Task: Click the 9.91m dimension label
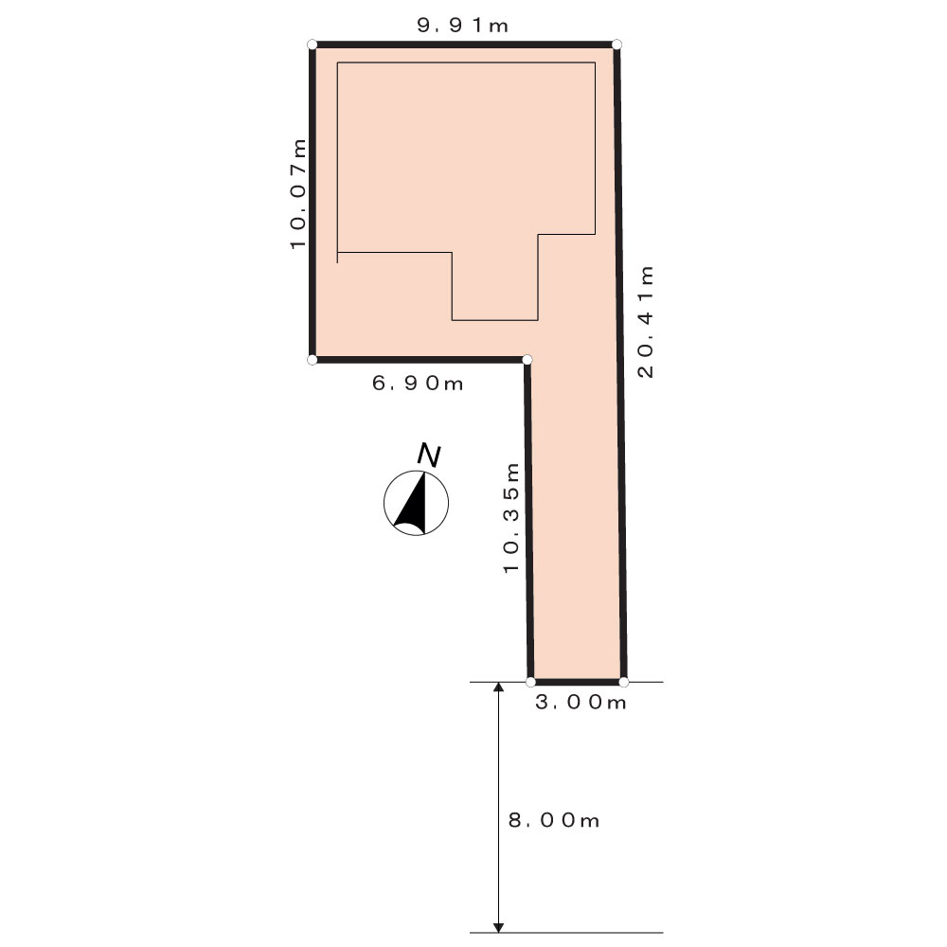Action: [x=463, y=26]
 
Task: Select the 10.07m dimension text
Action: [x=297, y=194]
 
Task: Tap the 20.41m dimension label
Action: [x=646, y=321]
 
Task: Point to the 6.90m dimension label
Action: [x=418, y=383]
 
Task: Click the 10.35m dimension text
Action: [x=511, y=518]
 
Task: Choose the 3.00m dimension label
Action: [x=581, y=702]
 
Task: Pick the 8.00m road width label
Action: [x=554, y=820]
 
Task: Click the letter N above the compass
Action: [x=429, y=456]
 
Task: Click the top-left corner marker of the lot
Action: [x=313, y=45]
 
